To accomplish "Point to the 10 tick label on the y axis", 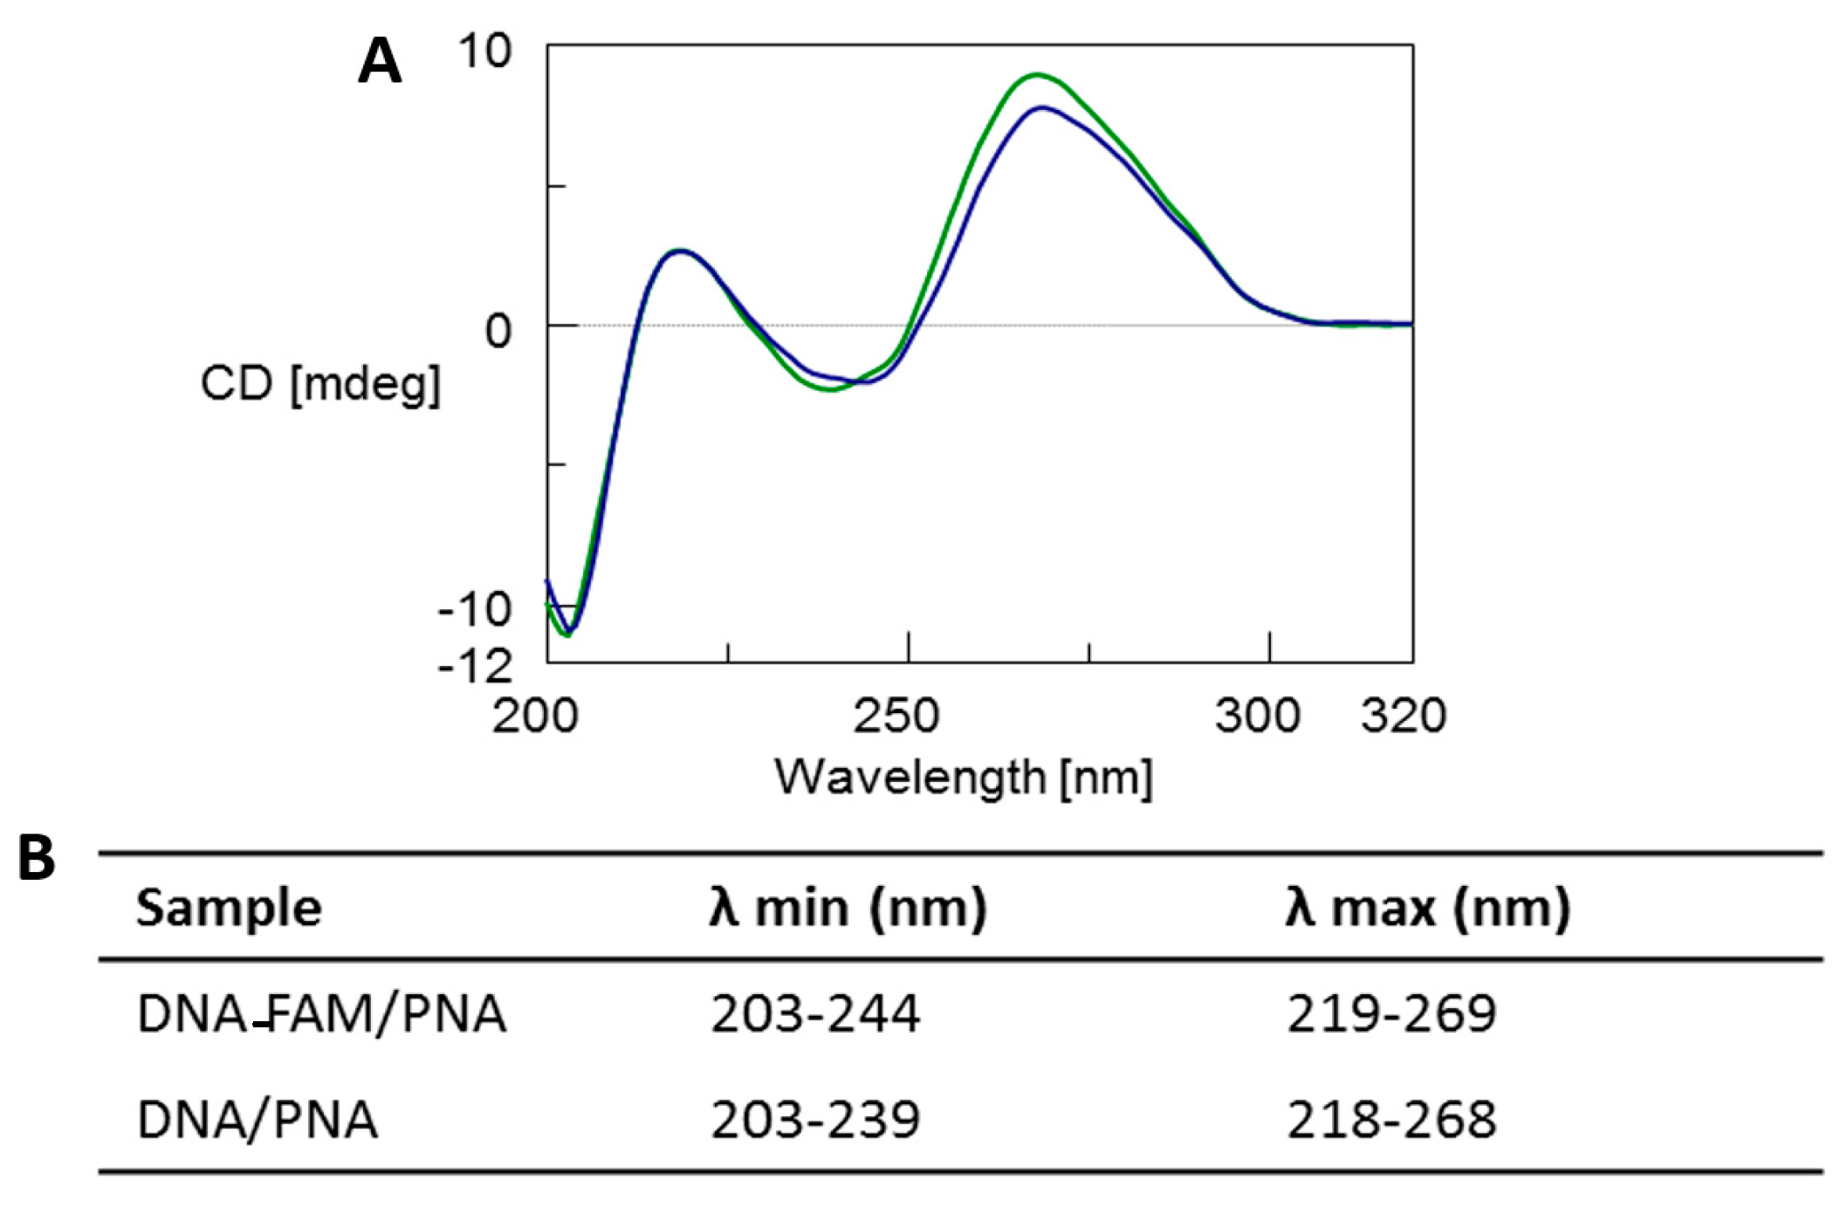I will (x=484, y=51).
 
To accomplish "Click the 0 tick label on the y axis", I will (x=498, y=332).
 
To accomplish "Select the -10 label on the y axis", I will (x=475, y=609).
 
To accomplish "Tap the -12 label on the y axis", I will (x=475, y=668).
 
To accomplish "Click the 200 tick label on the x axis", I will (x=535, y=716).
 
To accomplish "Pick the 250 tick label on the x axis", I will (x=896, y=716).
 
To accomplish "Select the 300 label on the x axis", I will (x=1258, y=716).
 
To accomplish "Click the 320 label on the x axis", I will (x=1404, y=716).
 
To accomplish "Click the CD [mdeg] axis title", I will (x=320, y=384).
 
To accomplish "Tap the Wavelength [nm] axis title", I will (x=964, y=777).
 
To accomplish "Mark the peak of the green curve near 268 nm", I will (x=1037, y=74).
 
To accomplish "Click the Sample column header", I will (x=230, y=908).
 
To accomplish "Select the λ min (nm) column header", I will (x=848, y=908).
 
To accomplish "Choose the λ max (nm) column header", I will (x=1428, y=908).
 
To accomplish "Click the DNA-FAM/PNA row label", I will (x=321, y=1014).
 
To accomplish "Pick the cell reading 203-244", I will (x=815, y=1014).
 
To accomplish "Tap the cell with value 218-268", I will (x=1391, y=1120).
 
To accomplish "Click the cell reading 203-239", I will (x=815, y=1120).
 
